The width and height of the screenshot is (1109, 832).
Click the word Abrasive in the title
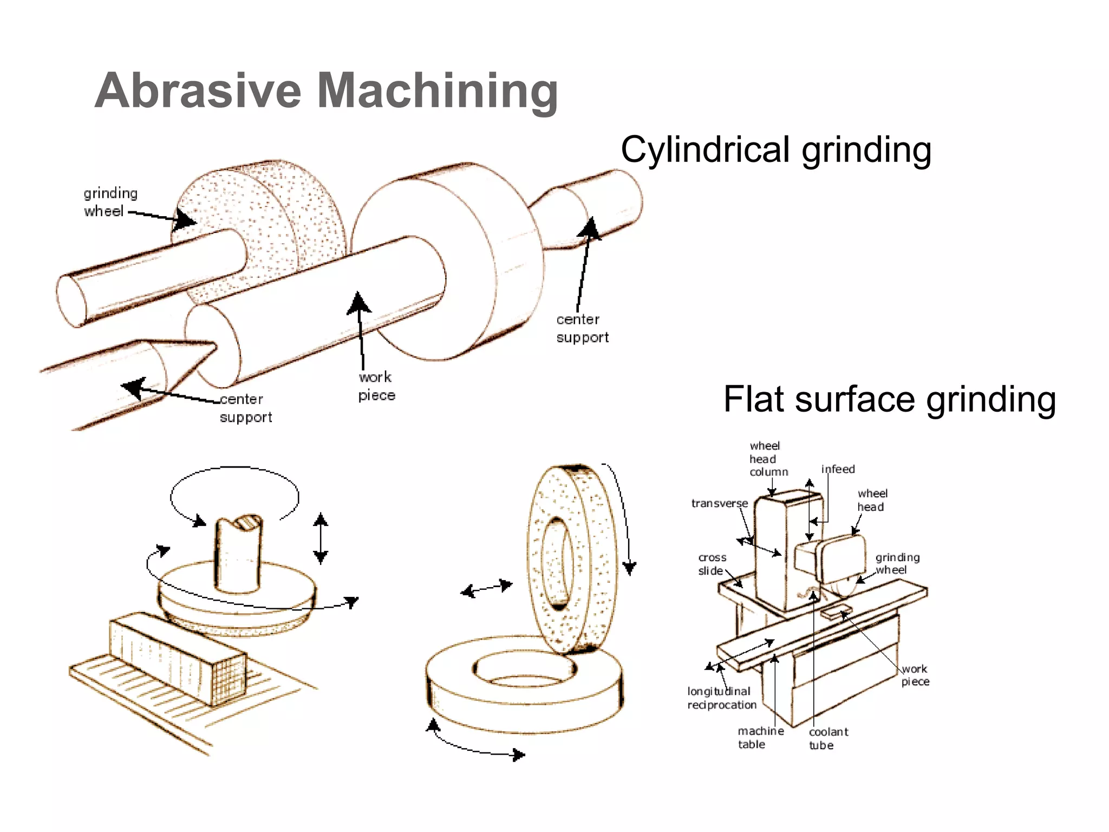(x=198, y=90)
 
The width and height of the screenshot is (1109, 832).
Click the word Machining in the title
(x=437, y=90)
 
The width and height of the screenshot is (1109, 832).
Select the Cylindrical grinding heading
(x=775, y=149)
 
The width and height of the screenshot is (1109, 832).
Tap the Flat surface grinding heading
(x=889, y=399)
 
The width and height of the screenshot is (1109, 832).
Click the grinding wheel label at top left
(x=110, y=202)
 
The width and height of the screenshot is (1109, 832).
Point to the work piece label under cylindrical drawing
(x=376, y=386)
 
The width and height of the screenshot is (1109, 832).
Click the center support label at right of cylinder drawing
(x=582, y=328)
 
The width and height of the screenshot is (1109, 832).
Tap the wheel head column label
(x=767, y=459)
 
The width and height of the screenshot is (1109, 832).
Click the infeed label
(x=838, y=469)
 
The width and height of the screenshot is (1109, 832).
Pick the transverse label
(x=719, y=503)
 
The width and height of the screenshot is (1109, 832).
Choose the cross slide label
(x=712, y=564)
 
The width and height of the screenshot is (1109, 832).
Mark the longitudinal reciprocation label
(x=721, y=698)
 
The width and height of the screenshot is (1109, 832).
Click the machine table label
(x=760, y=738)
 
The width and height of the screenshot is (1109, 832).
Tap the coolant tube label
(x=828, y=738)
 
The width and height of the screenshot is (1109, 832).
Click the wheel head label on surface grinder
(x=872, y=500)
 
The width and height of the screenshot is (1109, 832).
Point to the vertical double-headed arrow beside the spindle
(x=321, y=538)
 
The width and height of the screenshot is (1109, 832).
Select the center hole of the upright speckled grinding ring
(x=557, y=561)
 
